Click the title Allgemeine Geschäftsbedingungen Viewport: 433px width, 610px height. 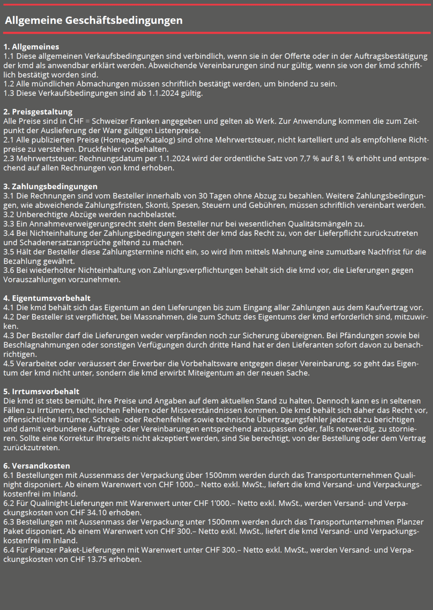(94, 20)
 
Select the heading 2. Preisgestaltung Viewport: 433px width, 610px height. (38, 112)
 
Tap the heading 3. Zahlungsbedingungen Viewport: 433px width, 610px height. (50, 186)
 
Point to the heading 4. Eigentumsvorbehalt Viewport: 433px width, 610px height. (47, 298)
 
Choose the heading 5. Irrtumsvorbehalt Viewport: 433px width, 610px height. (41, 391)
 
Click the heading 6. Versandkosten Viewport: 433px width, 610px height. (37, 466)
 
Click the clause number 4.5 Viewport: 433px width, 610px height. (9, 364)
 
